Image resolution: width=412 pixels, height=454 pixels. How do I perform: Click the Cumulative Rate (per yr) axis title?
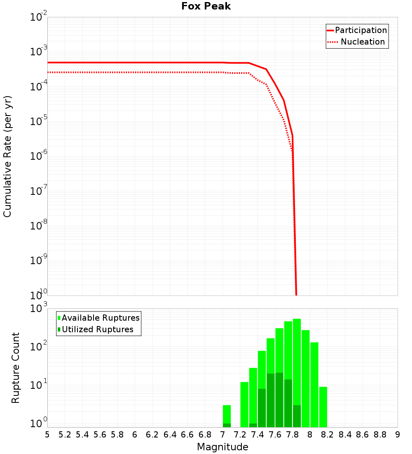(x=7, y=156)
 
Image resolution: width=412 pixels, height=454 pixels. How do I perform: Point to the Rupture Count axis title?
(x=15, y=368)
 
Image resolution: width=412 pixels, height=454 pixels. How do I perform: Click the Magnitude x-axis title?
(x=222, y=447)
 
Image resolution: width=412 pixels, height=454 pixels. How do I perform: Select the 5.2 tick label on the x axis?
(x=65, y=435)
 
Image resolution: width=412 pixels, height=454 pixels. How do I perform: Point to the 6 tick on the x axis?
(x=135, y=435)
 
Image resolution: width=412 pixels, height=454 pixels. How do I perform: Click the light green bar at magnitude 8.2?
(x=323, y=407)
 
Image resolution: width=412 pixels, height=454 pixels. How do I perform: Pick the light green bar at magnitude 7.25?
(x=244, y=404)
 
